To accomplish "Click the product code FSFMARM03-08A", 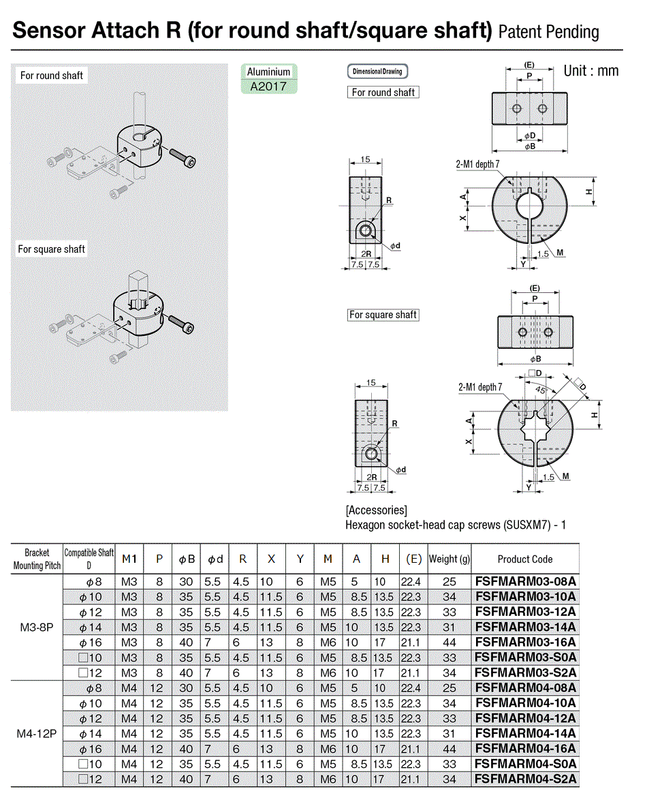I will [525, 581].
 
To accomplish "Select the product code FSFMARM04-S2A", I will [525, 778].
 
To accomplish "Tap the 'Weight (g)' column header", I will [449, 559].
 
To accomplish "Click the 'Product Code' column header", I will [525, 559].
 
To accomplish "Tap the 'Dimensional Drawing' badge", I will [377, 72].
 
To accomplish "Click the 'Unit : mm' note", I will [590, 71].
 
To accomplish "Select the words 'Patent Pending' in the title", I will [549, 32].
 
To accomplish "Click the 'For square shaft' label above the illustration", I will [52, 249].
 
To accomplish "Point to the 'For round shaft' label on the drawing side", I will [383, 93].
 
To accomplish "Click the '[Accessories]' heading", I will [377, 510].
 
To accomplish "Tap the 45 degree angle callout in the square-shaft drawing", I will [540, 390].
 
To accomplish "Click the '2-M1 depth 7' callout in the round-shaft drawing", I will [478, 164].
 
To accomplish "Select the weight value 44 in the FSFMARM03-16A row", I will [449, 642].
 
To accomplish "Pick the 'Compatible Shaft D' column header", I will [89, 559].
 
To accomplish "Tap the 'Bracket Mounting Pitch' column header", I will [37, 559].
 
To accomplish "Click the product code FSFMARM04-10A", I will [525, 702].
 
